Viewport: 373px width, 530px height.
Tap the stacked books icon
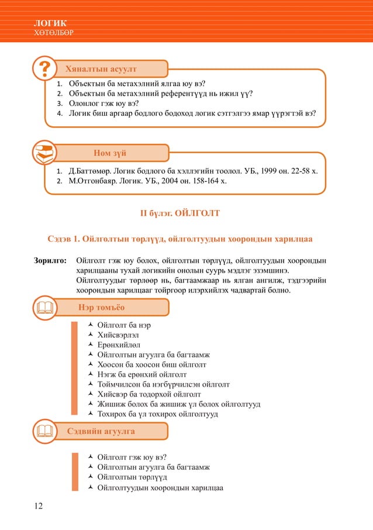coord(44,153)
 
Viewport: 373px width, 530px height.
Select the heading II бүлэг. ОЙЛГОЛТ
coord(180,214)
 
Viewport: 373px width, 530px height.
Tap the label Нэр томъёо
coord(101,307)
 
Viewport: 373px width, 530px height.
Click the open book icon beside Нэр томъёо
coord(44,307)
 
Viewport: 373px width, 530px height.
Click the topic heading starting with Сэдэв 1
coord(180,239)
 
